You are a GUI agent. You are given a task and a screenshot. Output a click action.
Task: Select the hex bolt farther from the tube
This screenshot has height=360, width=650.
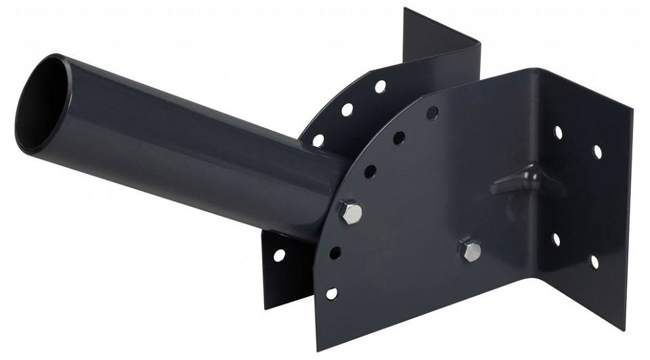click(x=470, y=250)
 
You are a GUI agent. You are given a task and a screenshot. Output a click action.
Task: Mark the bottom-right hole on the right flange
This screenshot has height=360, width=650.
click(x=594, y=261)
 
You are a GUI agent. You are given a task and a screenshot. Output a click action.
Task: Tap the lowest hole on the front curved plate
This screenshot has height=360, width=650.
click(x=331, y=293)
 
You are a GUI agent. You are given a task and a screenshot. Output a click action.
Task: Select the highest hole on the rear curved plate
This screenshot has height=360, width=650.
click(x=381, y=87)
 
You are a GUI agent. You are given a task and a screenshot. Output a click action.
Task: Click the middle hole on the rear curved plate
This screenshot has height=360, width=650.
click(x=347, y=109)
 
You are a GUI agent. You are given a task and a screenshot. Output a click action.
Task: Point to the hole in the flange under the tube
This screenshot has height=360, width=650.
click(x=278, y=255)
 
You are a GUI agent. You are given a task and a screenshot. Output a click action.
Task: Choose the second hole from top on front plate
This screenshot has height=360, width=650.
click(x=399, y=138)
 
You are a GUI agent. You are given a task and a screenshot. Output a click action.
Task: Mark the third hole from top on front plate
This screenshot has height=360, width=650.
click(x=370, y=171)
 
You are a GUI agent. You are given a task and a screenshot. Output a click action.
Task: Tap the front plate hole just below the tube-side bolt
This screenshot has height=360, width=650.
click(x=335, y=253)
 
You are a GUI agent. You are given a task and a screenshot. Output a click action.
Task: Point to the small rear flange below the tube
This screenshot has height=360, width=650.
click(x=284, y=271)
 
